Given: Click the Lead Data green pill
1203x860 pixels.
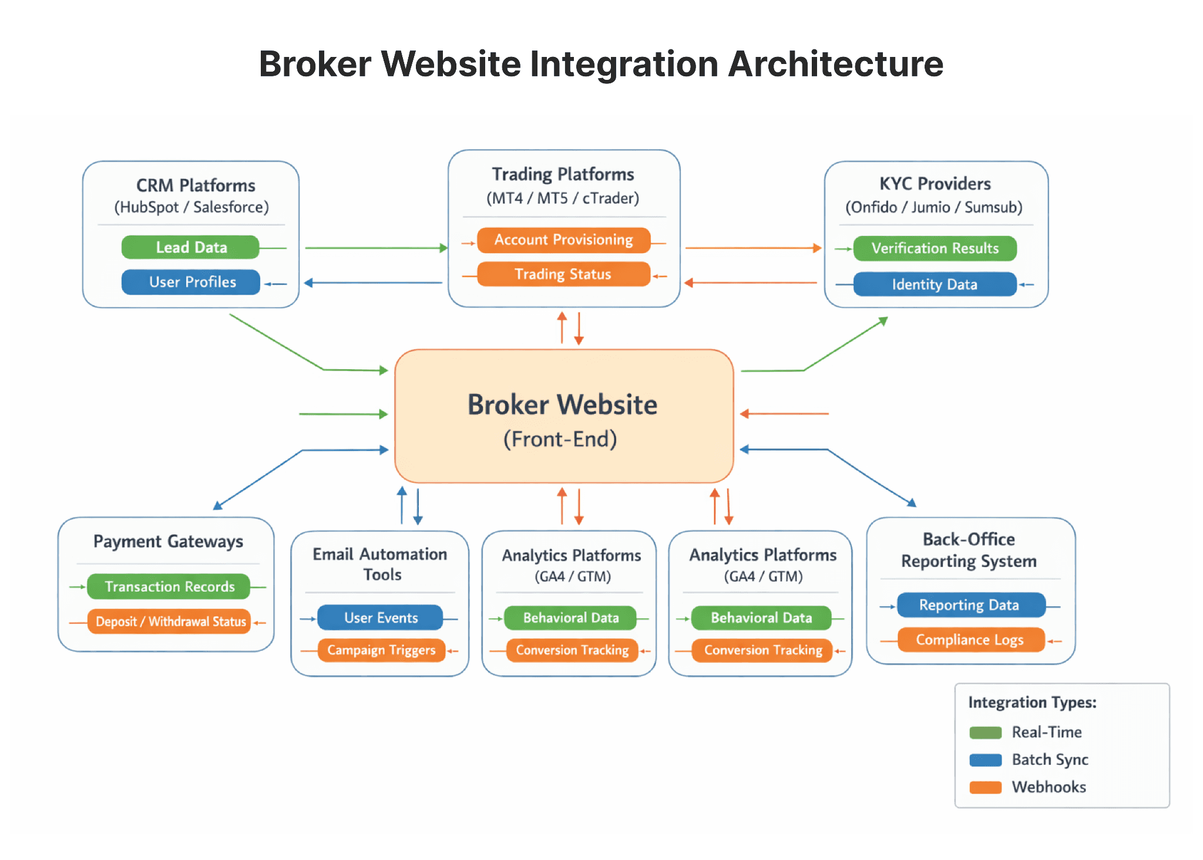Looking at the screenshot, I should pyautogui.click(x=190, y=247).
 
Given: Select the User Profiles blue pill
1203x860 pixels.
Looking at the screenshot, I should pyautogui.click(x=191, y=282).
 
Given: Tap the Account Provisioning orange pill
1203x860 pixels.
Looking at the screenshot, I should pyautogui.click(x=563, y=240).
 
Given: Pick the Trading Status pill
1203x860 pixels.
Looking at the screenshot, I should pyautogui.click(x=563, y=274).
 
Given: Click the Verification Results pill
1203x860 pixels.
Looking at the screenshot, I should pyautogui.click(x=935, y=248).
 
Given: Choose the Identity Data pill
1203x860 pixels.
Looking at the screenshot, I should pyautogui.click(x=935, y=284).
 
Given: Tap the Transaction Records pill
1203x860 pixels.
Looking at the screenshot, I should pyautogui.click(x=169, y=586).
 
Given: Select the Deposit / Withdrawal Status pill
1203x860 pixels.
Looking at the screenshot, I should pyautogui.click(x=169, y=621).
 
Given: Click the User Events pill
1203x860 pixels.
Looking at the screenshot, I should pyautogui.click(x=380, y=618).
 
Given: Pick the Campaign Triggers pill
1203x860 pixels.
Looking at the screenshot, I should pyautogui.click(x=381, y=650).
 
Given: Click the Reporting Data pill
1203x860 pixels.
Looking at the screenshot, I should pyautogui.click(x=971, y=605).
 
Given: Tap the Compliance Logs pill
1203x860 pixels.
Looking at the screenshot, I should pyautogui.click(x=971, y=640).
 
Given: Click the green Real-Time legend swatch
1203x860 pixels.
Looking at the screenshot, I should pyautogui.click(x=985, y=732).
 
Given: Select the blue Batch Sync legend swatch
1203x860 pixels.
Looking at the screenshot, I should pyautogui.click(x=985, y=760).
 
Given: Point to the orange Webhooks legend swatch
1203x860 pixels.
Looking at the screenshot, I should pyautogui.click(x=985, y=787).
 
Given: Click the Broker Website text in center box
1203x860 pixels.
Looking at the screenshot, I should pyautogui.click(x=562, y=404).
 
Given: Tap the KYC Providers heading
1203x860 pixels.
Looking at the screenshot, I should pyautogui.click(x=935, y=184).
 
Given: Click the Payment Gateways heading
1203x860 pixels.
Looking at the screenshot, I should pyautogui.click(x=168, y=541).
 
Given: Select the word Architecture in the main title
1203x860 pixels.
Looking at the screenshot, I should pyautogui.click(x=835, y=63).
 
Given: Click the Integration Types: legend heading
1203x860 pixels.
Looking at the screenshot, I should pyautogui.click(x=1032, y=702).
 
